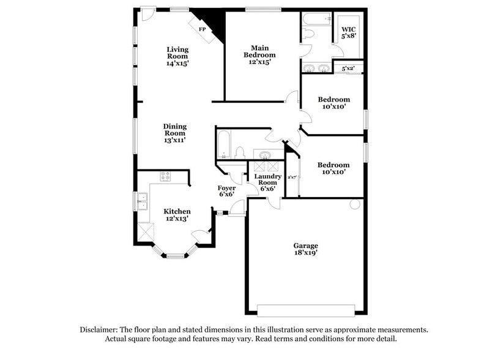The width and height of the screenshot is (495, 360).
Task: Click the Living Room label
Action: pyautogui.click(x=177, y=56)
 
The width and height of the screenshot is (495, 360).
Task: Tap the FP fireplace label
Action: pyautogui.click(x=201, y=29)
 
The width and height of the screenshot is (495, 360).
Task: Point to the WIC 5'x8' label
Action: pyautogui.click(x=348, y=32)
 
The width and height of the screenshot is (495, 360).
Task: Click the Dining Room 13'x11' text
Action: pyautogui.click(x=174, y=133)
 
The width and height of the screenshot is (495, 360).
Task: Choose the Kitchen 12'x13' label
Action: pyautogui.click(x=177, y=214)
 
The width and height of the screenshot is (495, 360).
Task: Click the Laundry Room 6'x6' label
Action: pyautogui.click(x=267, y=182)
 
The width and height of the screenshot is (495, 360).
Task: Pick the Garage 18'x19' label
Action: pyautogui.click(x=306, y=249)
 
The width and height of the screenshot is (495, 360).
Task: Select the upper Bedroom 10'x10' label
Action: pyautogui.click(x=333, y=103)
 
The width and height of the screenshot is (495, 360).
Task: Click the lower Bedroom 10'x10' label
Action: pyautogui.click(x=333, y=168)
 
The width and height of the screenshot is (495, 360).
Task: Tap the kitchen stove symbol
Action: pyautogui.click(x=165, y=177)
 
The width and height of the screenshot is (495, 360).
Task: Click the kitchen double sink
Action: pyautogui.click(x=142, y=201)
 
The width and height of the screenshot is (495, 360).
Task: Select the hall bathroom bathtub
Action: pyautogui.click(x=223, y=144)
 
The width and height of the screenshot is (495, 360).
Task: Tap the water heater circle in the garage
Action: pyautogui.click(x=355, y=204)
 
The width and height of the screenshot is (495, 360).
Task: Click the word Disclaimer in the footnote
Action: pyautogui.click(x=100, y=329)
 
